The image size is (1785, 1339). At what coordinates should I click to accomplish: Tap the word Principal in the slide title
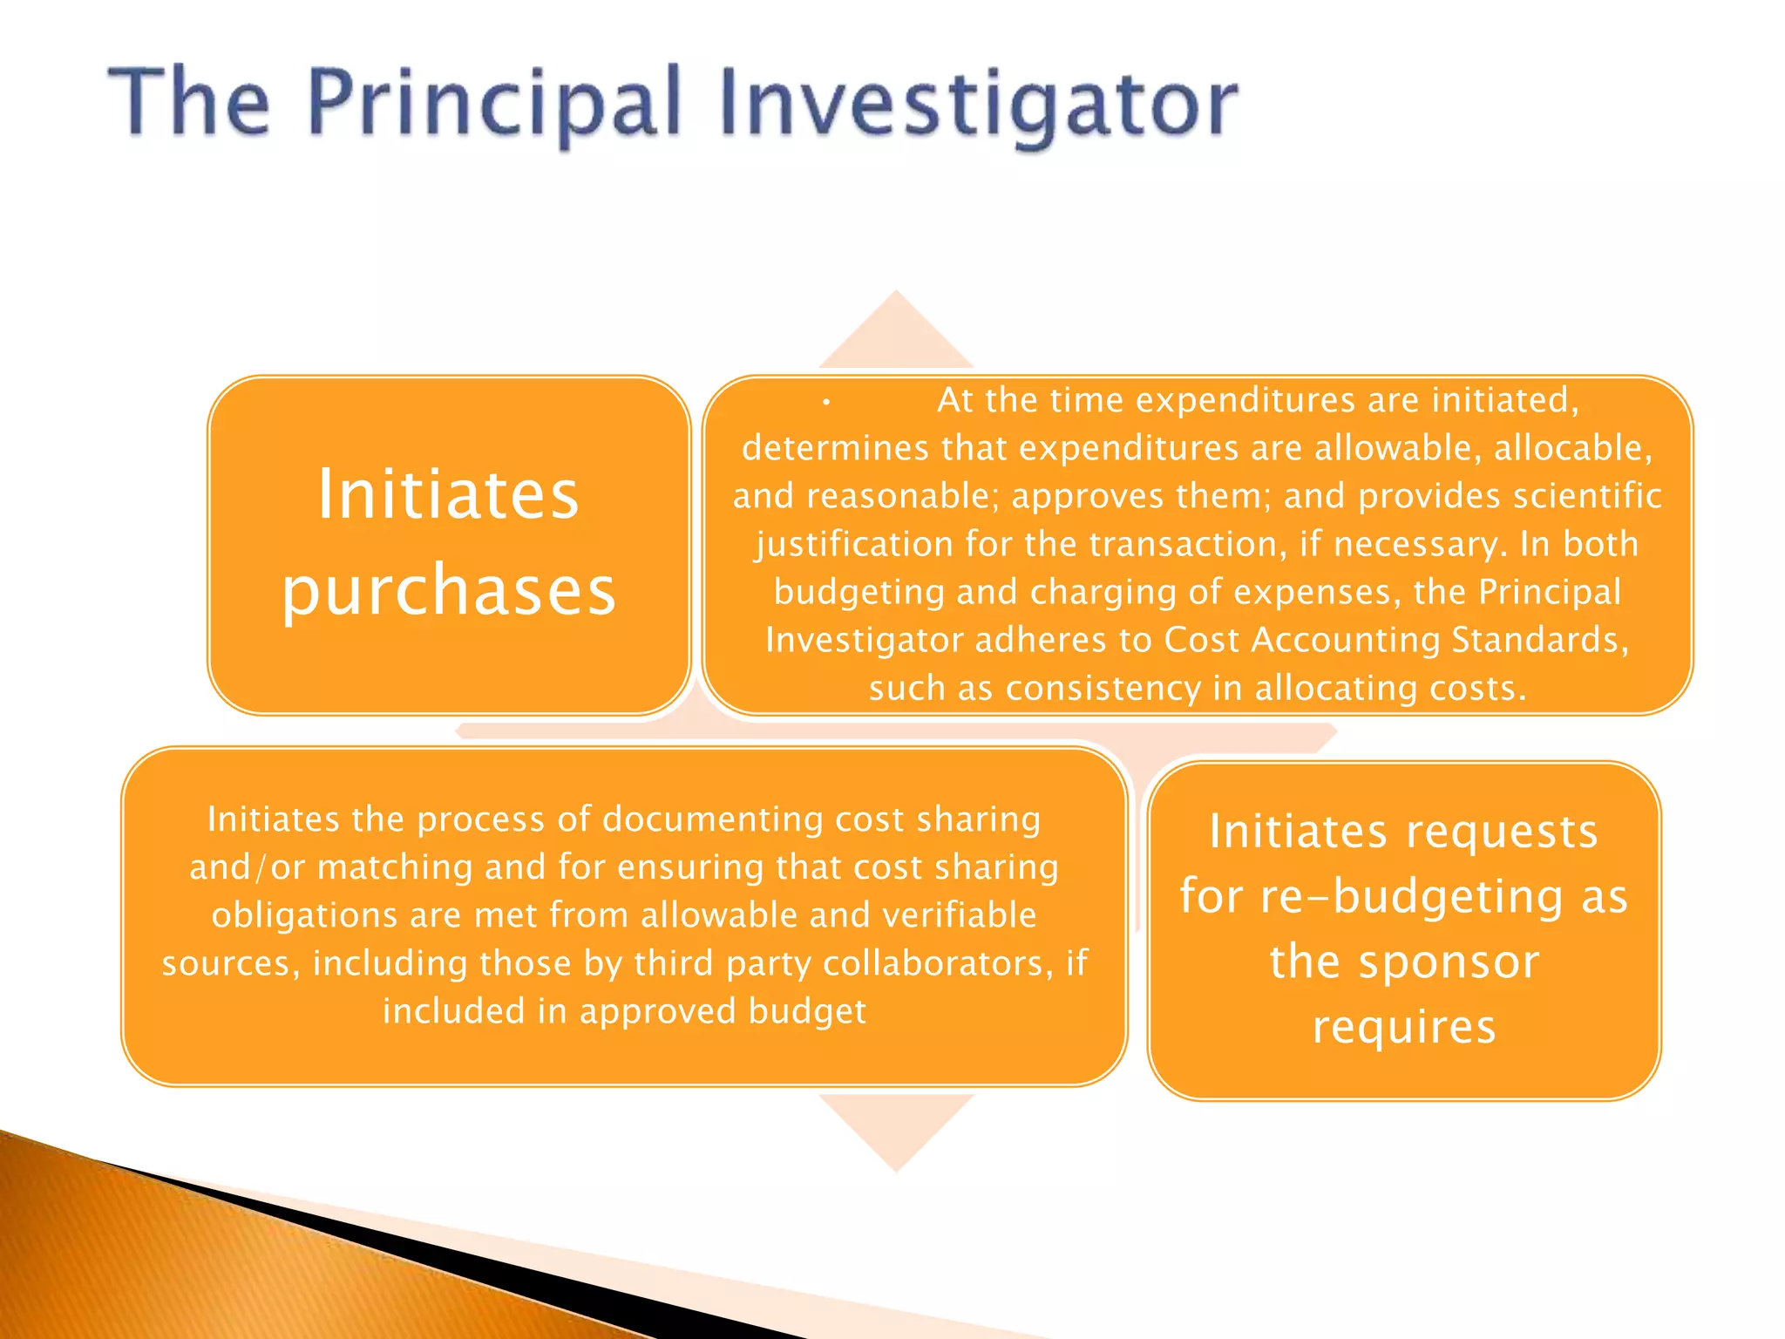493,105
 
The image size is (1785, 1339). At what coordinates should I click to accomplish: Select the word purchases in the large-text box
449,591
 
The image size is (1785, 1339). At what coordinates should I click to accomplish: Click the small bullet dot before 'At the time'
825,403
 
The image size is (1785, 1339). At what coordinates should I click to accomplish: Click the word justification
853,545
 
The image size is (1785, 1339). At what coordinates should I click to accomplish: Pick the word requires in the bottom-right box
1404,1027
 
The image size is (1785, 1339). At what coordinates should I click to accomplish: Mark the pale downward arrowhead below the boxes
896,1129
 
